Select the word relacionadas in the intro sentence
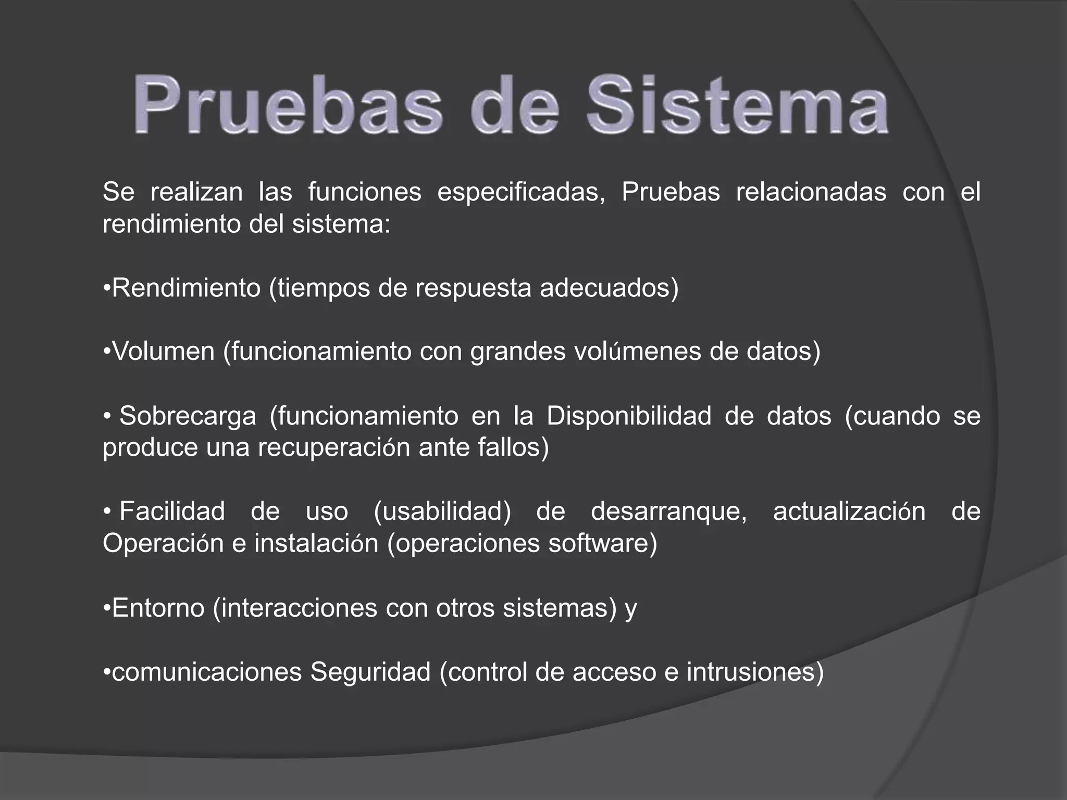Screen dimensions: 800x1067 pos(811,192)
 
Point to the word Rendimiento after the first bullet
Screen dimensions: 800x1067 pos(186,288)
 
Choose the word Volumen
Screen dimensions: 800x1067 pos(163,352)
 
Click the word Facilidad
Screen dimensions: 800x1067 pos(172,511)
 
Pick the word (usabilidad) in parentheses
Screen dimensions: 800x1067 pos(442,511)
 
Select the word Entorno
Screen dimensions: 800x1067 pos(158,608)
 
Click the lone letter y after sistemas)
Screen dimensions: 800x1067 pos(630,610)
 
